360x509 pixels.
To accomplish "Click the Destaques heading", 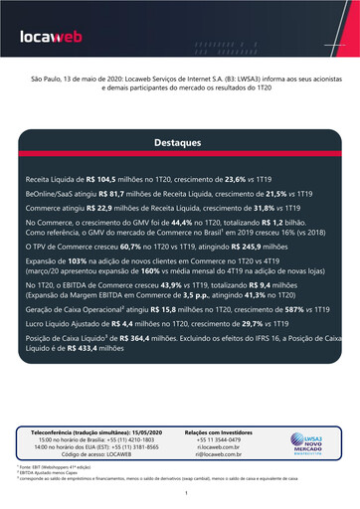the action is pos(179,143).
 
